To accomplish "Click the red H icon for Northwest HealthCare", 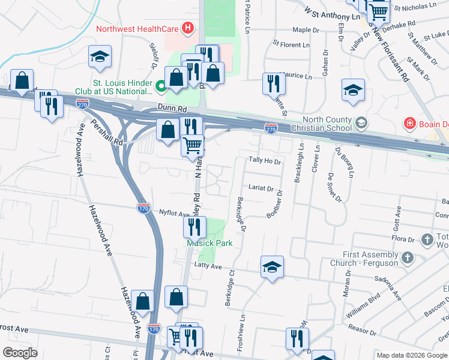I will click(188, 28).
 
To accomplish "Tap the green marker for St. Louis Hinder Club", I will click(160, 87).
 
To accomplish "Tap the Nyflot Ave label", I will click(174, 213).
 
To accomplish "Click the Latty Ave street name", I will click(206, 266).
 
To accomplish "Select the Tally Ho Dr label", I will click(265, 161).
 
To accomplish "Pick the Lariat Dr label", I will click(262, 188).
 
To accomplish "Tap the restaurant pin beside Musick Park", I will click(194, 227).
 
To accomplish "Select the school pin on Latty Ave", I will click(272, 268).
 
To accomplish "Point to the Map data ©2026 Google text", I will click(412, 355).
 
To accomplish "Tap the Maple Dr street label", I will click(305, 29).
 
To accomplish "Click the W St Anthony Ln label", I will click(332, 14).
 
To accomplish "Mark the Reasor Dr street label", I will click(360, 331).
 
